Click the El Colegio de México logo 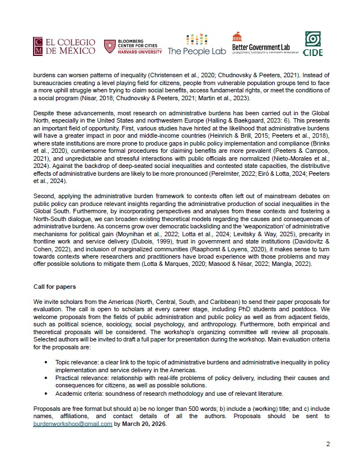click(64, 48)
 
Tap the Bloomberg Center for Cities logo click(133, 46)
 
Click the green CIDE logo click(312, 44)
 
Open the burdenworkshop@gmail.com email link click(73, 424)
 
